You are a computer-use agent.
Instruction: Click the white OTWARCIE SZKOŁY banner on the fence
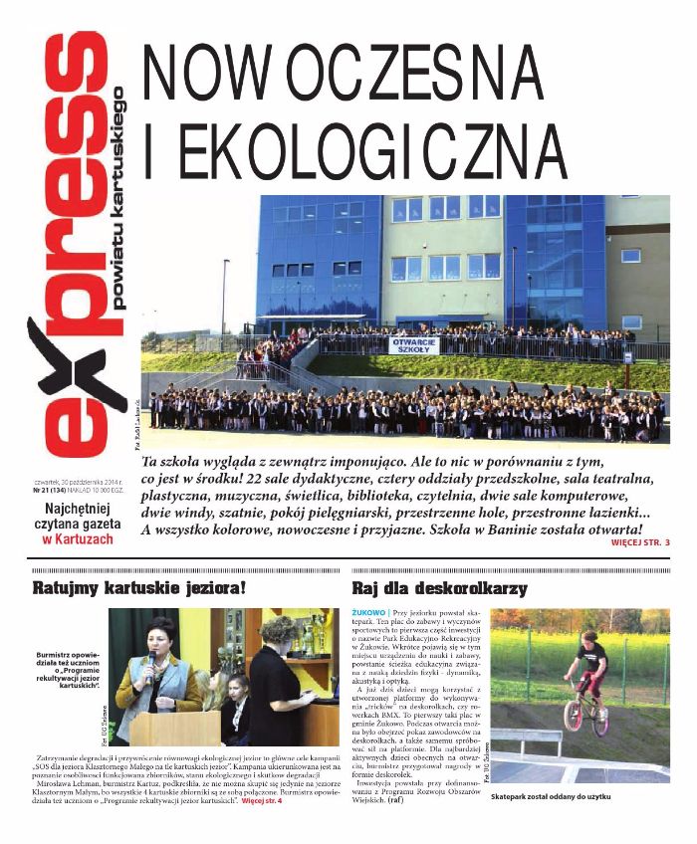408,344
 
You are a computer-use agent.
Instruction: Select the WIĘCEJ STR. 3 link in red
638,542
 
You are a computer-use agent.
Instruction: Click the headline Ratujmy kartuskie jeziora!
138,586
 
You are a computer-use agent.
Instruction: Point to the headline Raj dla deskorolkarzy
439,587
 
